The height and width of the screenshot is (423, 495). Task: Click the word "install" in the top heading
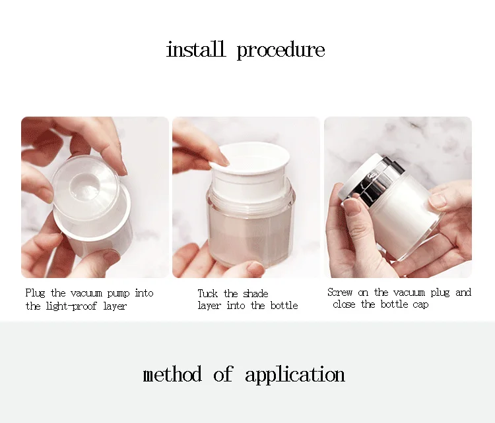click(196, 49)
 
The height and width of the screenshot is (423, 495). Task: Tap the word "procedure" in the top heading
click(280, 51)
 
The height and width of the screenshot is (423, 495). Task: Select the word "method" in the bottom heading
click(172, 374)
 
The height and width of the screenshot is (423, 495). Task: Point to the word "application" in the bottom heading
click(295, 375)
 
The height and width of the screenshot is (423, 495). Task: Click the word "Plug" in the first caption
click(35, 293)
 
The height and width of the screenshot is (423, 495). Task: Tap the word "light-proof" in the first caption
click(71, 306)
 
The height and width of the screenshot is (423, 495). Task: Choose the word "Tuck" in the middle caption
click(208, 293)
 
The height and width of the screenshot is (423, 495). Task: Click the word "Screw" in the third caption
click(340, 292)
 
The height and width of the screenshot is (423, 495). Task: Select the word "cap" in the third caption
click(420, 305)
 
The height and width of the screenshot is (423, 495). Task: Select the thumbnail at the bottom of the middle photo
click(255, 269)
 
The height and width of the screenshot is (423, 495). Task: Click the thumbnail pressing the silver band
click(351, 206)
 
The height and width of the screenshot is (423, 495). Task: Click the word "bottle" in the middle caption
click(284, 305)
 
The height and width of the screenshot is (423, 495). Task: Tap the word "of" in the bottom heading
click(223, 374)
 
